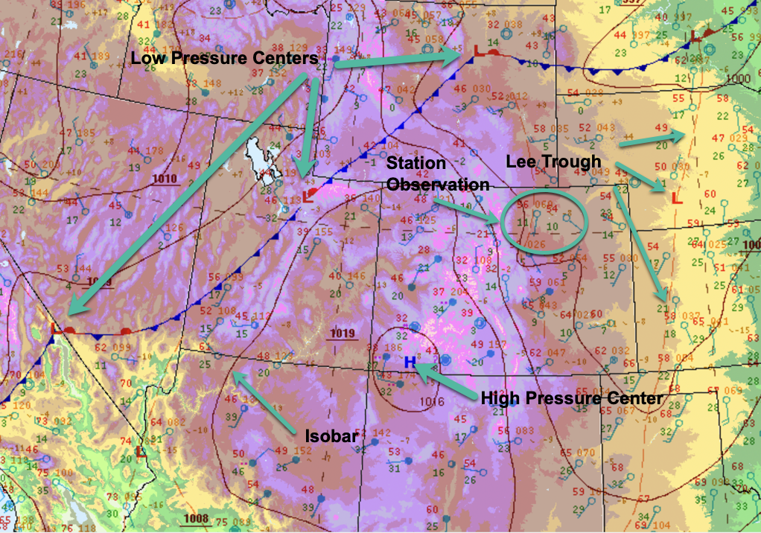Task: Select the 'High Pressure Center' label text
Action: [571, 398]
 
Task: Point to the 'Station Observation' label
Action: [437, 173]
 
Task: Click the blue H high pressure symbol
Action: [409, 362]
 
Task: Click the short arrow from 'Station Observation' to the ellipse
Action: [466, 210]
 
